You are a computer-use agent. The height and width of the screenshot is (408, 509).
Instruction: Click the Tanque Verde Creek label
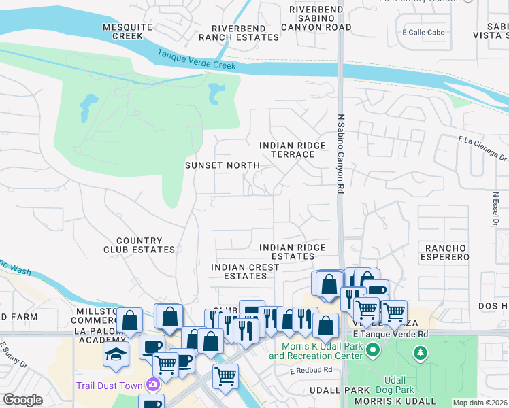[x=197, y=61]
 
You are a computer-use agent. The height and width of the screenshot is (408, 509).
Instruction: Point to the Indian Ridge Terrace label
[x=288, y=150]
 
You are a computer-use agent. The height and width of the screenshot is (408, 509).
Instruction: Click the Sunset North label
[x=223, y=165]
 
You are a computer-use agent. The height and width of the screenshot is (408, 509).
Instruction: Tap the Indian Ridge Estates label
[x=293, y=252]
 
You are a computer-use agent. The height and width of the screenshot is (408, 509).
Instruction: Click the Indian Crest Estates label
[x=245, y=271]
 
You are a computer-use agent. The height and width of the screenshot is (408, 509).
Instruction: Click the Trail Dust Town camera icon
[x=153, y=386]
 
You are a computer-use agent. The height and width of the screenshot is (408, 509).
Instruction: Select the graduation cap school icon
[x=116, y=354]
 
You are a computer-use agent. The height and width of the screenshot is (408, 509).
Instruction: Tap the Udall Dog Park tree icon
[x=421, y=352]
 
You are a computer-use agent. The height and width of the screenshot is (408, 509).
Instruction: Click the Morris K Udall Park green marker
[x=372, y=352]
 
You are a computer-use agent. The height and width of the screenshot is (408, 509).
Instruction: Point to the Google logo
[x=22, y=400]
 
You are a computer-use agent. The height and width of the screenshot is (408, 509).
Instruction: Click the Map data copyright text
[x=480, y=403]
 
